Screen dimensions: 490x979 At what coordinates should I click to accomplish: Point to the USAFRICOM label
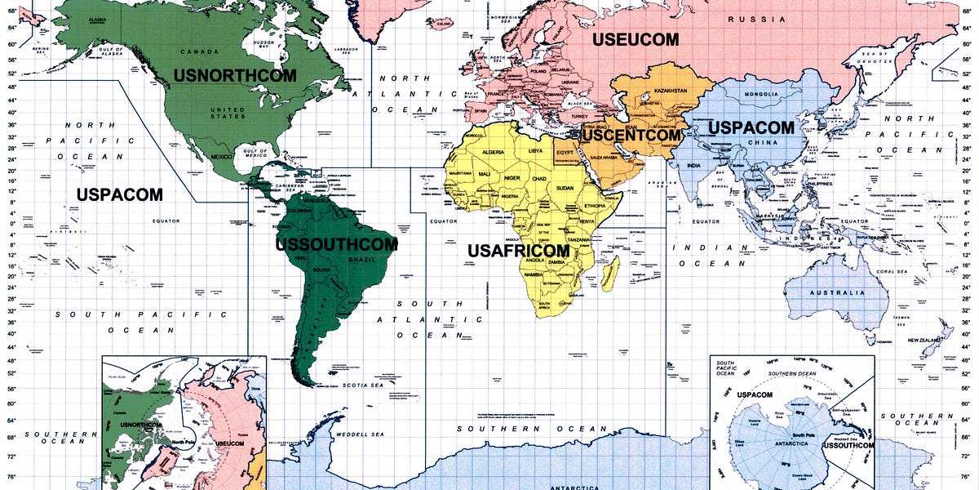point(518,250)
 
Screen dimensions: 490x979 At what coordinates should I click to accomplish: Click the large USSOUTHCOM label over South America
point(336,244)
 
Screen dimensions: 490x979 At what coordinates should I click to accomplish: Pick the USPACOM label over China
point(751,128)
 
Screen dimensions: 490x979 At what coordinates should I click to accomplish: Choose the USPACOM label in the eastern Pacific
point(119,194)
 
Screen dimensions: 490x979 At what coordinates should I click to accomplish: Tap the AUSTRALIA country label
point(836,292)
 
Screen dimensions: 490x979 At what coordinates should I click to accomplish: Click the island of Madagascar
point(610,273)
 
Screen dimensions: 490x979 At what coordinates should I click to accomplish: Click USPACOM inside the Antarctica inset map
point(754,394)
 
